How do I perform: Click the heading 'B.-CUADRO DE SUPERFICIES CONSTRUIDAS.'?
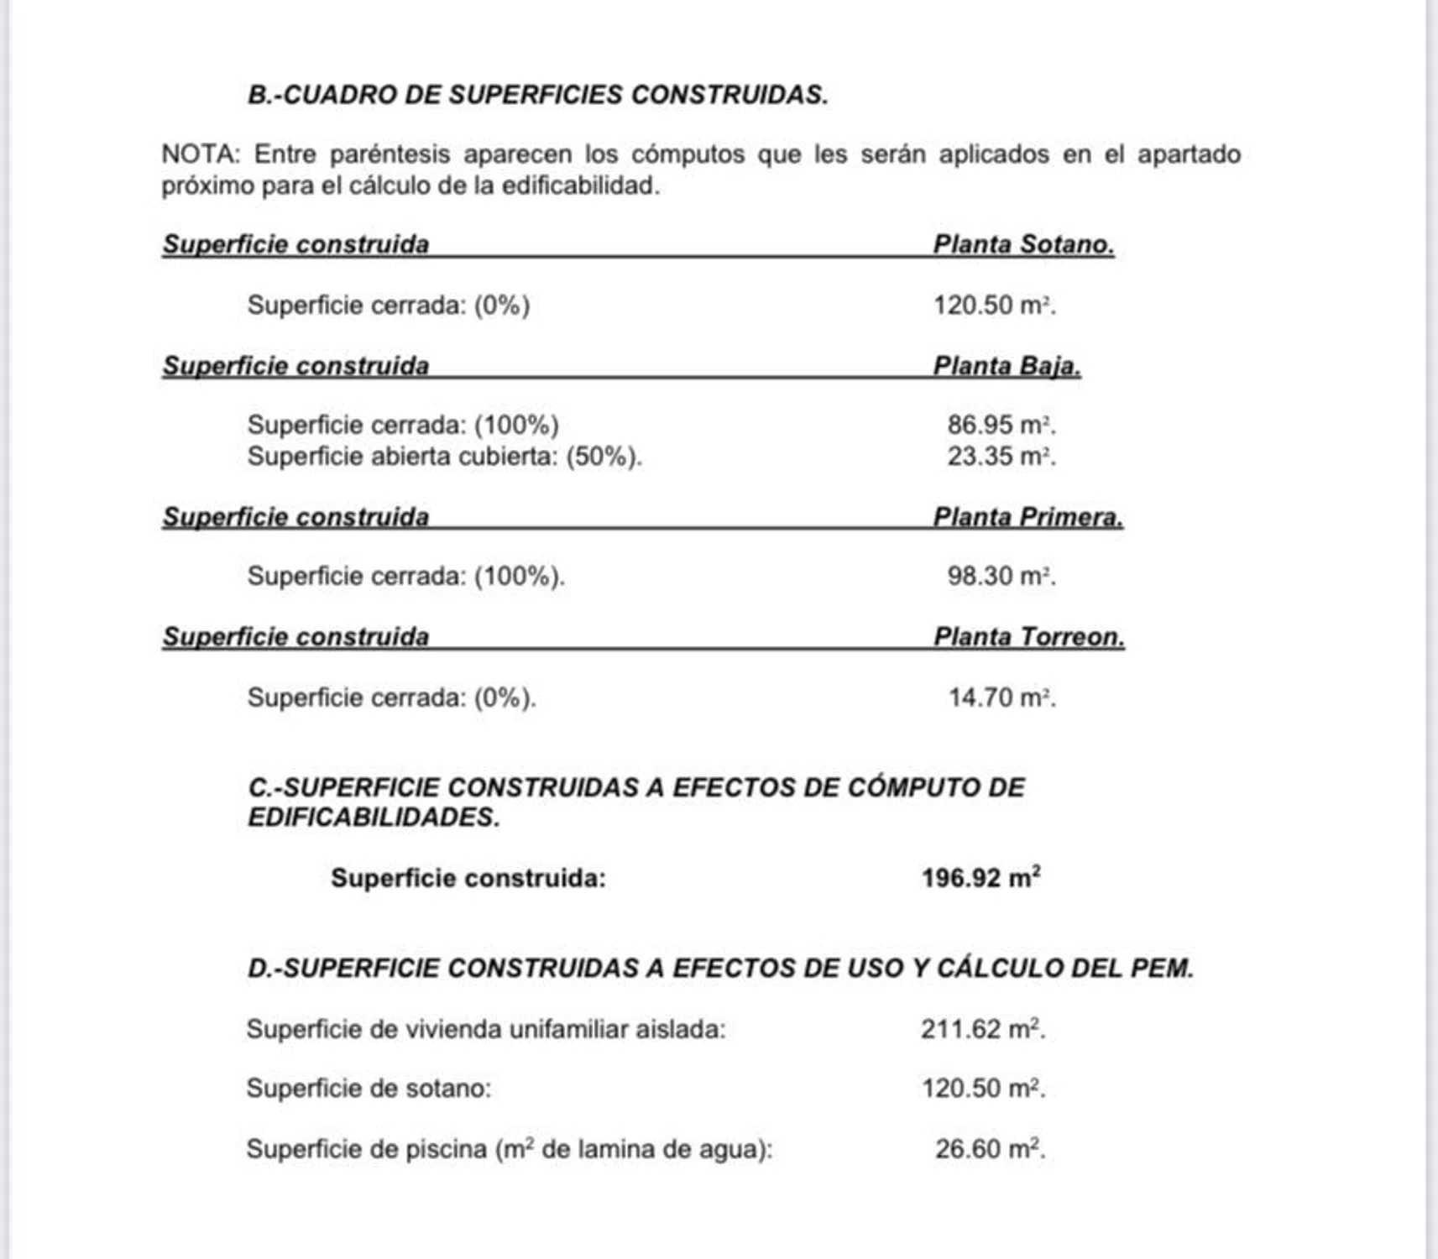tap(537, 95)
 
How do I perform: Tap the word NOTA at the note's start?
tap(200, 154)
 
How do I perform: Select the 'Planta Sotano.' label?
tap(1023, 244)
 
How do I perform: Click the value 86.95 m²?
tap(1001, 425)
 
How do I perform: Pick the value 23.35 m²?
tap(1001, 457)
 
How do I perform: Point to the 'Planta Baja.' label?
tap(1007, 366)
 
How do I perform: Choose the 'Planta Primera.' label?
tap(1028, 517)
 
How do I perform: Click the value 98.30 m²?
tap(1001, 576)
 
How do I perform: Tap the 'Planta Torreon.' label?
tap(1028, 637)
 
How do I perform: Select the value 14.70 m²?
tap(1001, 697)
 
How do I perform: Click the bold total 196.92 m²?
tap(980, 878)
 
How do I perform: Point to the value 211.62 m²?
tap(982, 1029)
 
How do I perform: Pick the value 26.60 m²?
tap(990, 1148)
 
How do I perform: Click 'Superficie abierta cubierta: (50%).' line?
tap(444, 457)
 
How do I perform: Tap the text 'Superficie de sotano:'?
tap(369, 1089)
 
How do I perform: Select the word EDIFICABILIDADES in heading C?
tap(373, 818)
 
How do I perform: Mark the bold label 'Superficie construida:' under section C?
tap(468, 879)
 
